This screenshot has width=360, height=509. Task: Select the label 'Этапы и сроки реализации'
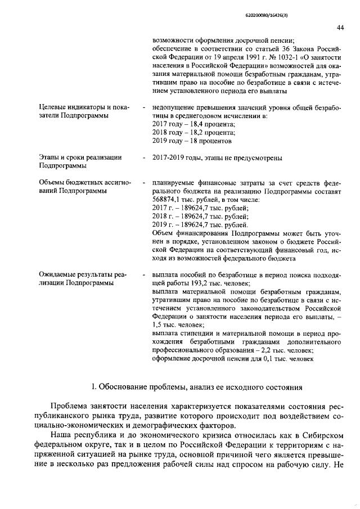pos(80,157)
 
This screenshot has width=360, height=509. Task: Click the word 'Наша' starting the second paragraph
pos(61,435)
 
